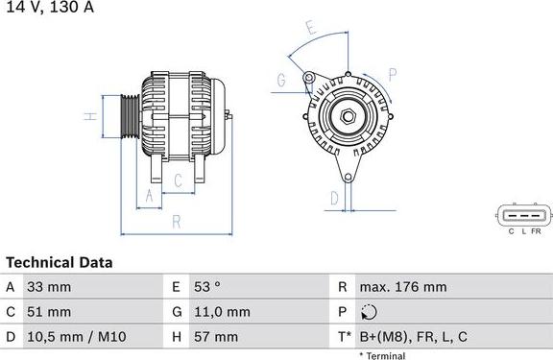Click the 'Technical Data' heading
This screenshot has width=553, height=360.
point(60,262)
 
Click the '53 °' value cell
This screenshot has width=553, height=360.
point(208,287)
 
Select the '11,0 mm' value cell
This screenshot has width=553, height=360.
point(222,312)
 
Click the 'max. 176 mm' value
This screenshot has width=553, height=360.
point(402,287)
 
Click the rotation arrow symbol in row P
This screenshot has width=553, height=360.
point(372,312)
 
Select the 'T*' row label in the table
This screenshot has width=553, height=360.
point(343,337)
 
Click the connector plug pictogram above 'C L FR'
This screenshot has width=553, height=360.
point(524,215)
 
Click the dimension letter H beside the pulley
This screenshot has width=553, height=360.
point(87,116)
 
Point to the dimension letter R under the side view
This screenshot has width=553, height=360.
point(176,223)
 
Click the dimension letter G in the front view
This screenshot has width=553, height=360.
point(282,81)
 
